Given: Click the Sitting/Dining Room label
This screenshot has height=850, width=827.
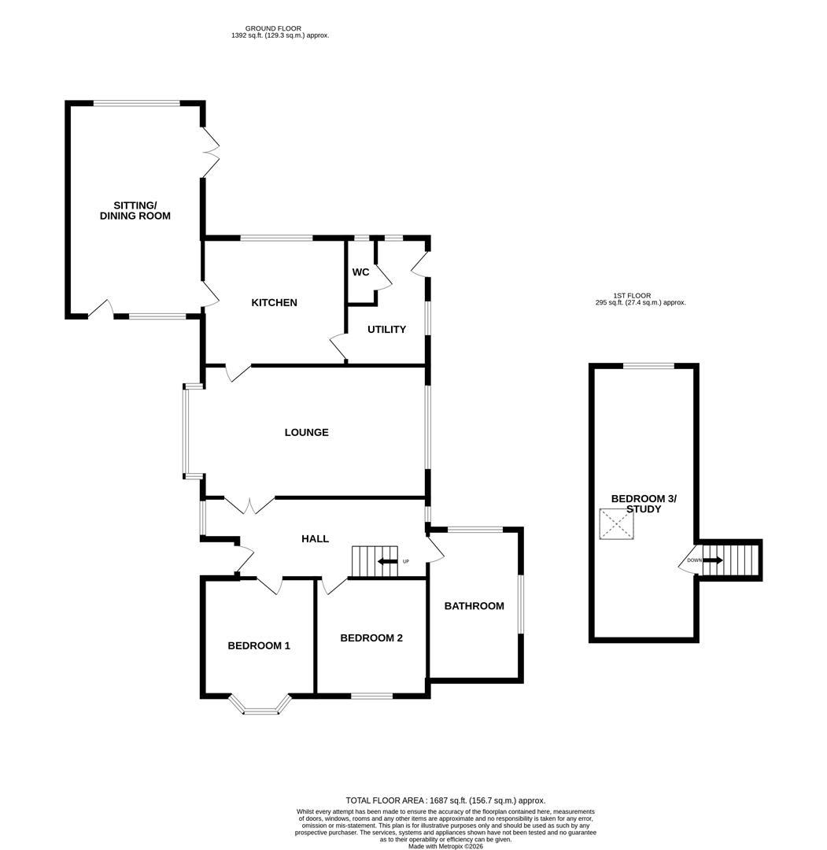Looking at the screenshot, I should tap(135, 210).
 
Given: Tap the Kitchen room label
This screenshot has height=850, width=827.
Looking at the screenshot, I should tap(274, 303).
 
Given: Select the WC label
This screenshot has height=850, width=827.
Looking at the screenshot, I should tap(360, 272).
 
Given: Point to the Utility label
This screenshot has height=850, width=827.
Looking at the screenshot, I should tap(386, 330).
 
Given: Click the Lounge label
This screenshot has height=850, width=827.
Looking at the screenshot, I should tap(306, 433).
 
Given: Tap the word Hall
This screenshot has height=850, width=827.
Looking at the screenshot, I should tap(315, 539).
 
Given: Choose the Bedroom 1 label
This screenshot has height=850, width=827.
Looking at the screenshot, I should tap(259, 646).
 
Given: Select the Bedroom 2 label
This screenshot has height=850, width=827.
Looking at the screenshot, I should tap(371, 638).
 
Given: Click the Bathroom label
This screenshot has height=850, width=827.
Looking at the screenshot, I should tap(474, 606).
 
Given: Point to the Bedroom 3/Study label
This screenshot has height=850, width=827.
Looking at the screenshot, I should tap(644, 504).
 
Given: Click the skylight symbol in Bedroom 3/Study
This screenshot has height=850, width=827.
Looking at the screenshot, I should tap(616, 524).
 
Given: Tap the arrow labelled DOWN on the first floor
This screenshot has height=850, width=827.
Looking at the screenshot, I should tap(711, 560).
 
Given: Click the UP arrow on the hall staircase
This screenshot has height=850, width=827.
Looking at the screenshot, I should tap(387, 561).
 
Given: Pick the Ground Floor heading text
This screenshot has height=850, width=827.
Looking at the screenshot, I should tap(273, 29).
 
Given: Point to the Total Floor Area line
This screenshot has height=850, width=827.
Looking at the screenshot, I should tap(445, 800).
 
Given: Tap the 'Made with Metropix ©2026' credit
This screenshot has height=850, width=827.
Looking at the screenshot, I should tap(445, 846).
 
